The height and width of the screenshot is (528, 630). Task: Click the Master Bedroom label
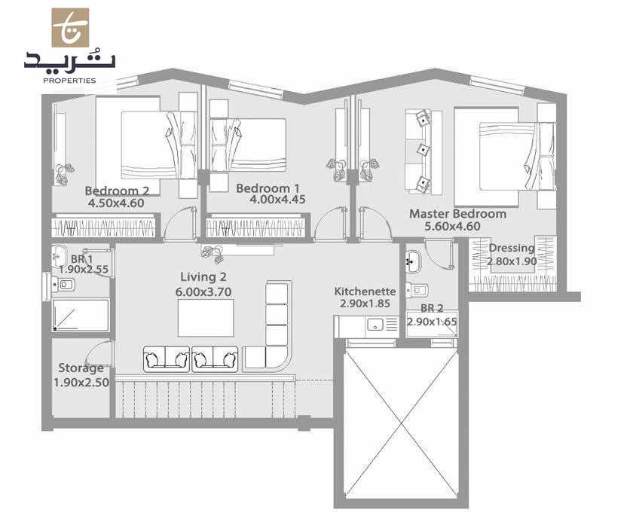(x=457, y=214)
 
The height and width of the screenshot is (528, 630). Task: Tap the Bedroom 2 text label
(x=116, y=191)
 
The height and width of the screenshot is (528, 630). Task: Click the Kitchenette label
(x=365, y=291)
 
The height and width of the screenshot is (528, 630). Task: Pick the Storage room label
(x=81, y=368)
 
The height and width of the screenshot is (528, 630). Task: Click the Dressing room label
(x=512, y=248)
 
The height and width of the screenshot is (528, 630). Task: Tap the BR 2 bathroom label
(x=432, y=308)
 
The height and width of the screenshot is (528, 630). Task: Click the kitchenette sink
(x=372, y=325)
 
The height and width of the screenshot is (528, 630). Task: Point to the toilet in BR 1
(x=63, y=285)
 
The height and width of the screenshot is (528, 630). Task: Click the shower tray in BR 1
(x=81, y=315)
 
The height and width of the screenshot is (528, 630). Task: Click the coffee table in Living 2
(x=206, y=318)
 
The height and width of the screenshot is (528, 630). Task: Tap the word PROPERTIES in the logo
(x=69, y=80)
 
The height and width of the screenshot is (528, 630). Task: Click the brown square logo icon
(x=70, y=28)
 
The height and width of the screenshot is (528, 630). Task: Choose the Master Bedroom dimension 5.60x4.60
(x=457, y=225)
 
